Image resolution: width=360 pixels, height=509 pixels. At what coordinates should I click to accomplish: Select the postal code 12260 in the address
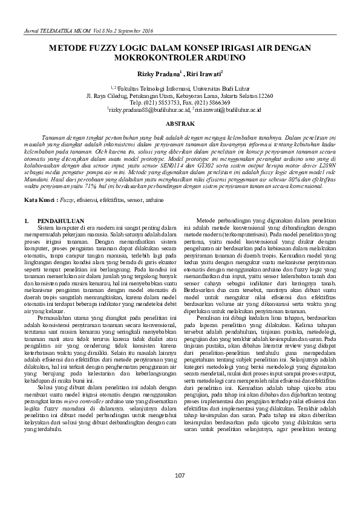click(x=261, y=96)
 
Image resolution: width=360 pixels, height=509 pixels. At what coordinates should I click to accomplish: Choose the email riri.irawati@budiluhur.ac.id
click(x=227, y=111)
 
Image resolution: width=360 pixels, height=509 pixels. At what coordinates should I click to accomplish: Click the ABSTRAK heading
click(x=180, y=123)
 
